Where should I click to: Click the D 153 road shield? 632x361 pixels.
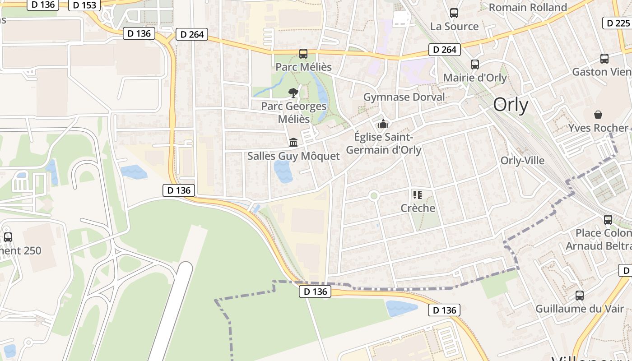84,5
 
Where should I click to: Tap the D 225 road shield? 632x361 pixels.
616,23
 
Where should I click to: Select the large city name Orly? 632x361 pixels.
511,105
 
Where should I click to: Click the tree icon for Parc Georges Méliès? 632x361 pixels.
293,93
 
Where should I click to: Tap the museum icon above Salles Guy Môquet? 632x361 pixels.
293,143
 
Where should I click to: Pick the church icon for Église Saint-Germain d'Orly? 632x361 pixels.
383,123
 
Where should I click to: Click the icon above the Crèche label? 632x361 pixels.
418,195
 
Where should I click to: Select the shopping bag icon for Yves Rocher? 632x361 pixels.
598,115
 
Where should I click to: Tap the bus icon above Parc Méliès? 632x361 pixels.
303,54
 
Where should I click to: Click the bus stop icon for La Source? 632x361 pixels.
454,13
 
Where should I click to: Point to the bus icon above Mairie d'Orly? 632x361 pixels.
475,64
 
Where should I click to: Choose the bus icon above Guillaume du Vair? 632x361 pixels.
580,296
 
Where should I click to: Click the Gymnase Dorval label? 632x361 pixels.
404,97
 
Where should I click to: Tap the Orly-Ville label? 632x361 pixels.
522,161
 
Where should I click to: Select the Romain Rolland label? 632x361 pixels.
528,8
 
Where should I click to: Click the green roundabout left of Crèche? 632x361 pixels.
373,196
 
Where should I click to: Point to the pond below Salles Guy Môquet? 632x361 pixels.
283,172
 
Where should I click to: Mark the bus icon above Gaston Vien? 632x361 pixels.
604,58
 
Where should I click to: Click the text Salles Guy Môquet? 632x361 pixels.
293,156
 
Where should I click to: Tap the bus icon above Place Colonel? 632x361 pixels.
608,220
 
